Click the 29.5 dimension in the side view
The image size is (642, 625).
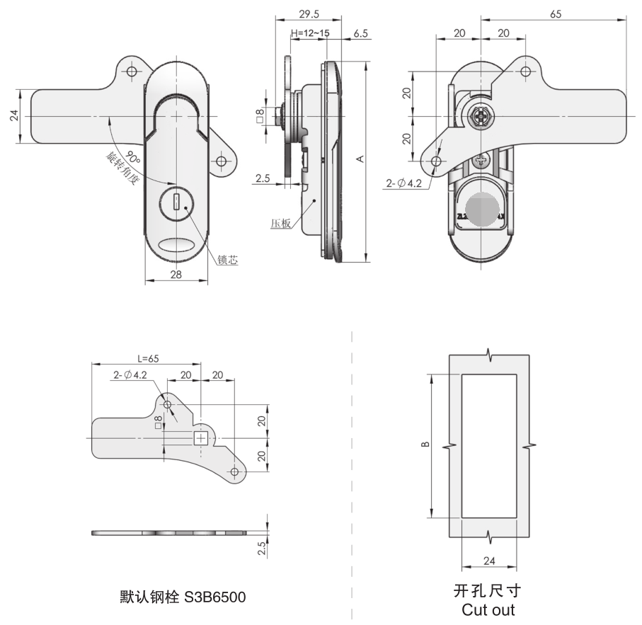pos(306,13)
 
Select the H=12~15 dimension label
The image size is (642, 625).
pos(309,33)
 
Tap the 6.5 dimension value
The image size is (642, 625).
pos(360,33)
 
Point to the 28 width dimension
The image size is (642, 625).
pos(176,275)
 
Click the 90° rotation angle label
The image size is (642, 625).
pos(133,155)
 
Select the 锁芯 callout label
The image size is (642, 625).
pos(227,260)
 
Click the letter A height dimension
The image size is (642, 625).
pos(360,160)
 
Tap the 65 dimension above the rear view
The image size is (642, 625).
pos(555,13)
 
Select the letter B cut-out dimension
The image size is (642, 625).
pos(424,445)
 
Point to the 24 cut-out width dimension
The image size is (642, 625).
pos(488,561)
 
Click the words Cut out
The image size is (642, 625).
pos(488,609)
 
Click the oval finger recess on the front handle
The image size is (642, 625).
pos(177,245)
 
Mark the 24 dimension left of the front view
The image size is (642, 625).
pos(14,116)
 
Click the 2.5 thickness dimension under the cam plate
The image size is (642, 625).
pos(262,547)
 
